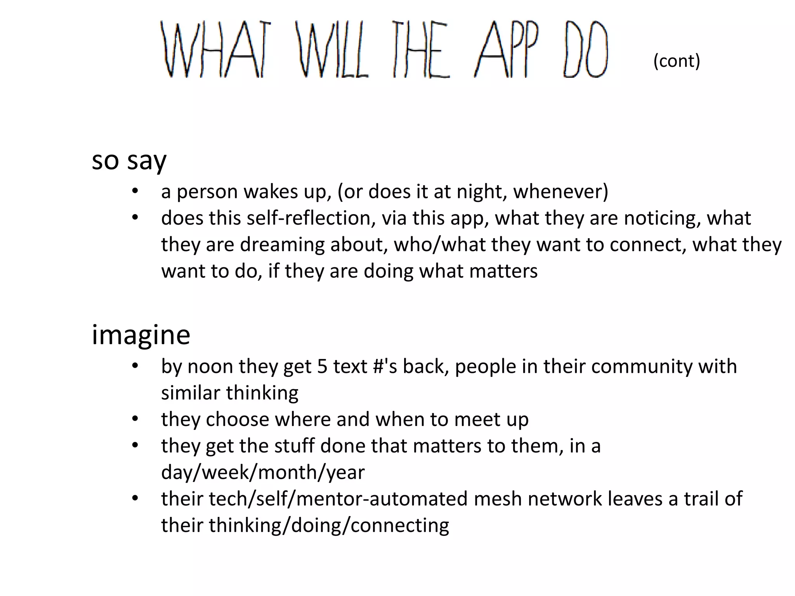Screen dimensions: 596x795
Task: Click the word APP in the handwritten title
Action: pyautogui.click(x=507, y=49)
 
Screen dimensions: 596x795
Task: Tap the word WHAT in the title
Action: pyautogui.click(x=215, y=49)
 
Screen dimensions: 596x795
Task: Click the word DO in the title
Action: pyautogui.click(x=585, y=49)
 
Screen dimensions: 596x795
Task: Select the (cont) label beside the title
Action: pyautogui.click(x=677, y=61)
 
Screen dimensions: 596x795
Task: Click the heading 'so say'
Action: pyautogui.click(x=129, y=161)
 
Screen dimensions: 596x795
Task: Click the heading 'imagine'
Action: pyautogui.click(x=141, y=334)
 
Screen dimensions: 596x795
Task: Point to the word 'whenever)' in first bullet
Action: pyautogui.click(x=561, y=192)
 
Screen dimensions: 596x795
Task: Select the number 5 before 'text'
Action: pyautogui.click(x=322, y=367)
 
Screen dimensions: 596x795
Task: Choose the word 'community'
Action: pyautogui.click(x=642, y=367)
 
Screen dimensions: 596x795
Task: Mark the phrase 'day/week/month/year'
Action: pyautogui.click(x=263, y=473)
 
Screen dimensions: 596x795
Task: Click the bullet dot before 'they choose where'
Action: pyautogui.click(x=135, y=419)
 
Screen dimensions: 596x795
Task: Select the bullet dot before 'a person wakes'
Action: pyautogui.click(x=135, y=191)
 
